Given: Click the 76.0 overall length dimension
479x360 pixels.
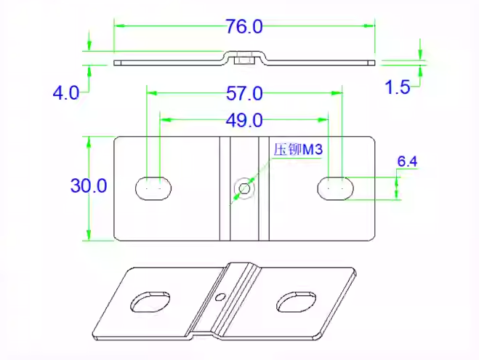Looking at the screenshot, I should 243,27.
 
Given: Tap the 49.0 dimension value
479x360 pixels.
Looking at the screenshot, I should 244,119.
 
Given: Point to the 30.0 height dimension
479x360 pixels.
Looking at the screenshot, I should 89,185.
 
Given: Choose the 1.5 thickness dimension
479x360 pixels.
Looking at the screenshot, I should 398,88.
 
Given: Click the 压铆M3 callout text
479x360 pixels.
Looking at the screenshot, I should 297,150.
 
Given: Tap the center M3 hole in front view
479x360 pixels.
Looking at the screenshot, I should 244,188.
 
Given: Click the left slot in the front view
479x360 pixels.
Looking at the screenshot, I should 153,188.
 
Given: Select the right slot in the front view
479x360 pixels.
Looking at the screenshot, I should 335,188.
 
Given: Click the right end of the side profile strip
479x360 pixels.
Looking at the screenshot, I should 372,63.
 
